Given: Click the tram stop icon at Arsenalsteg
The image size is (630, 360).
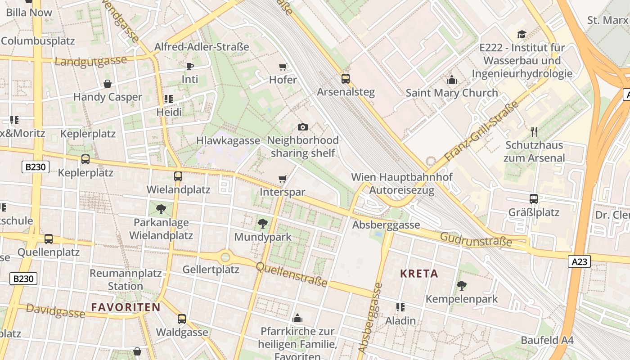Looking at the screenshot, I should point(346,79).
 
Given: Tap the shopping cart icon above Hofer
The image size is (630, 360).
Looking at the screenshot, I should point(283,67).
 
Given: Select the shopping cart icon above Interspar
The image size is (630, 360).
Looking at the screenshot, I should point(283,179).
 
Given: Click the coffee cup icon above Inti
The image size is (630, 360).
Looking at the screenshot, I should point(190,66).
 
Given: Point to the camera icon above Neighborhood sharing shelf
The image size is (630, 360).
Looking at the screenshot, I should point(303,127).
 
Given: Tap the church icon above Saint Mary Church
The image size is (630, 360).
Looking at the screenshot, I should point(452,80).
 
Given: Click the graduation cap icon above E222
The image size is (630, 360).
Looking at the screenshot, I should point(522,34).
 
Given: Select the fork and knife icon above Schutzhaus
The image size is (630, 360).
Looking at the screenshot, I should point(534,132).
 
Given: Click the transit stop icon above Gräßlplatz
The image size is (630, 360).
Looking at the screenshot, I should point(534,198).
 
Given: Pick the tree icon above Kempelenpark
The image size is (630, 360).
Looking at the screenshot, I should point(461,285).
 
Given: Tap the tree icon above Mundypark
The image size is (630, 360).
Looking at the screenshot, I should point(263,224).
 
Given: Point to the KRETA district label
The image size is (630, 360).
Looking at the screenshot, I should point(419,274).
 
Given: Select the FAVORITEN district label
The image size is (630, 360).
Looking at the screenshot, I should point(126,307).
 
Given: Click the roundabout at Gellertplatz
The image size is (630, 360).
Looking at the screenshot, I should point(225,257).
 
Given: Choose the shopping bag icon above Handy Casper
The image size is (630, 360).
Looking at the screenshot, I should point(108,84).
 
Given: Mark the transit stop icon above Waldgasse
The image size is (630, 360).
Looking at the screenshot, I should point(182,319).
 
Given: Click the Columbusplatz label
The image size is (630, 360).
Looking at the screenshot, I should point(38,40).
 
